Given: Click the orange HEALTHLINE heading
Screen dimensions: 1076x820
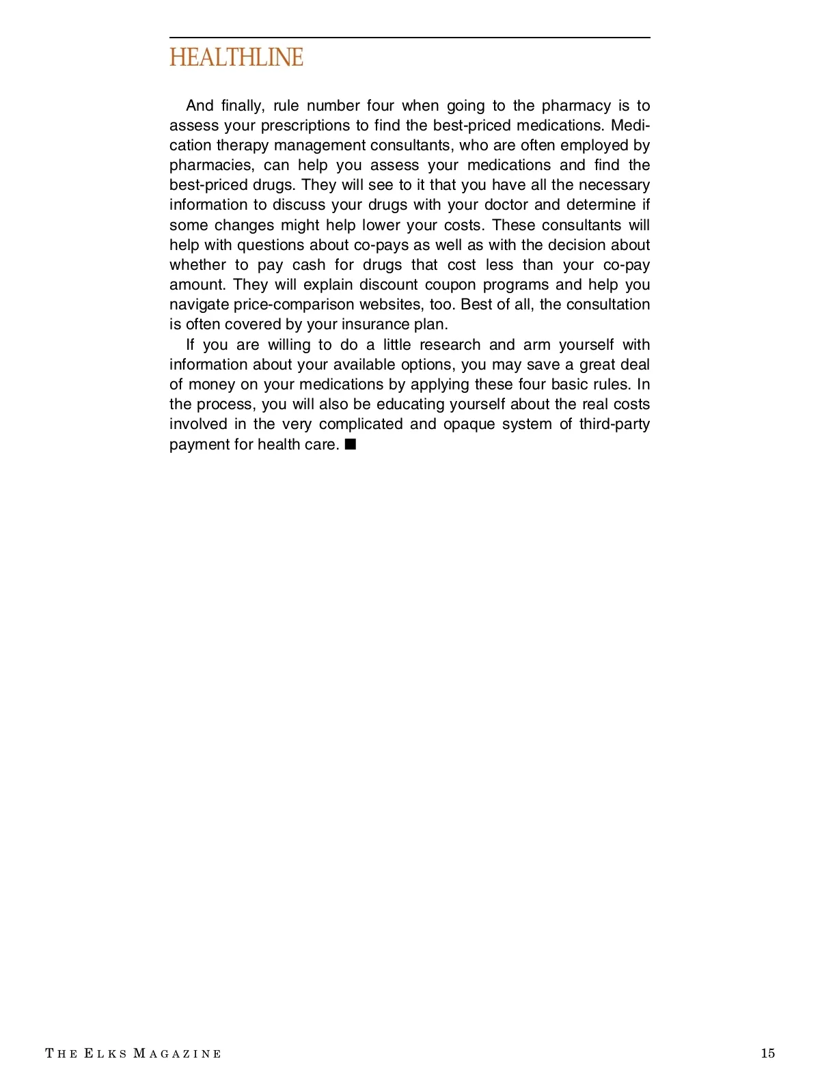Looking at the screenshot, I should pyautogui.click(x=236, y=57).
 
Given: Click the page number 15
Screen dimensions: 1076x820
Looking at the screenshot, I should pyautogui.click(x=767, y=1053).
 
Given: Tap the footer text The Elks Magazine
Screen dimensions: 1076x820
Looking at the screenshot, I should pyautogui.click(x=133, y=1053).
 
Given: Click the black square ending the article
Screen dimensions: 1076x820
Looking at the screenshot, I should pyautogui.click(x=351, y=445).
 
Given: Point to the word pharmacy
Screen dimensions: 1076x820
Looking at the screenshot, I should pyautogui.click(x=576, y=106).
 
